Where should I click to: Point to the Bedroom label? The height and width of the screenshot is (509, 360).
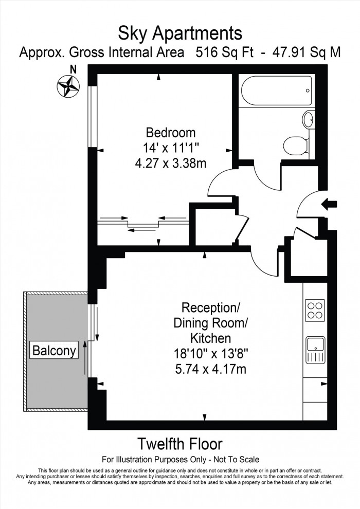coord(170,131)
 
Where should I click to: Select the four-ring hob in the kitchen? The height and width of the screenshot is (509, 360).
coord(315,310)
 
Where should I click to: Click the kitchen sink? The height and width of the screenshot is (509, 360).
coord(314,350)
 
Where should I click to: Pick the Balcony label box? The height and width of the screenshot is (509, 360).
coord(54,351)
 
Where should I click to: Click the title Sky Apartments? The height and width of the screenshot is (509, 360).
coord(180,33)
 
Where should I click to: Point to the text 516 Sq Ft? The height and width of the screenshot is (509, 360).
coord(225,53)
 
